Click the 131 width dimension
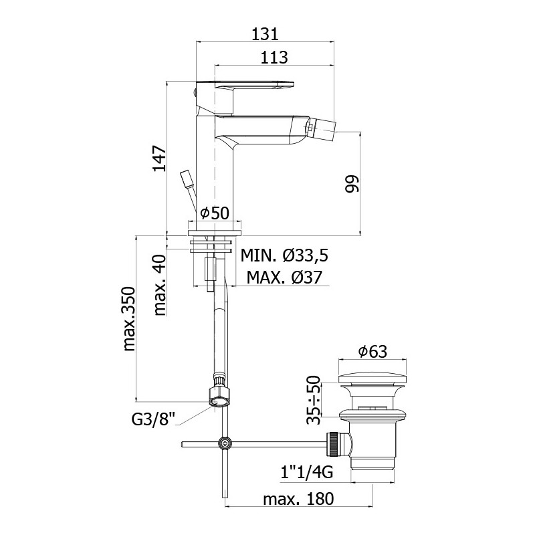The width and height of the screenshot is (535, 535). [265, 34]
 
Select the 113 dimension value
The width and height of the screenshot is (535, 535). [274, 58]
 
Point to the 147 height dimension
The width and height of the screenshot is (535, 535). [159, 158]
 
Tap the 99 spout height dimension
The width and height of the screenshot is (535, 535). [352, 184]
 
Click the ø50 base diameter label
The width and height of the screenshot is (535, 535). [215, 213]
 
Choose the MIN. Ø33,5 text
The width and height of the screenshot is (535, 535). [284, 255]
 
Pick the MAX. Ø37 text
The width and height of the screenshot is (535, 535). [284, 278]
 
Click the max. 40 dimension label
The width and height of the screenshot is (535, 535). [159, 285]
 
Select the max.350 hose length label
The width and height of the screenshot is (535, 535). [129, 319]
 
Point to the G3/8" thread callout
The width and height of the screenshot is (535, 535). [153, 419]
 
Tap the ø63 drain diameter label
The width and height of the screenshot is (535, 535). [372, 352]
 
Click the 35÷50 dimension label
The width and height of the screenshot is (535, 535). [314, 400]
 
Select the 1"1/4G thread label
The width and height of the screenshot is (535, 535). [307, 473]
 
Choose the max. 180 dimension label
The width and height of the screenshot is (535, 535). [298, 499]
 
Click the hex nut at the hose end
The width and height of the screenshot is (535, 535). [219, 397]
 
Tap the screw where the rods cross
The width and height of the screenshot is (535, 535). [225, 443]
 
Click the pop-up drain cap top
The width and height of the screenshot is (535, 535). [372, 380]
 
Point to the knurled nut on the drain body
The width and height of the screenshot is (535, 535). [332, 444]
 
